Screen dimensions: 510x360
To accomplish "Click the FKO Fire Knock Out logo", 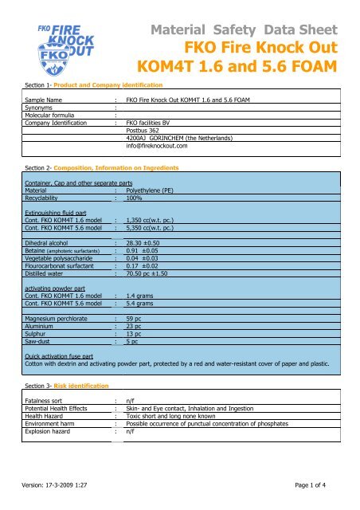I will point(54,41).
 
